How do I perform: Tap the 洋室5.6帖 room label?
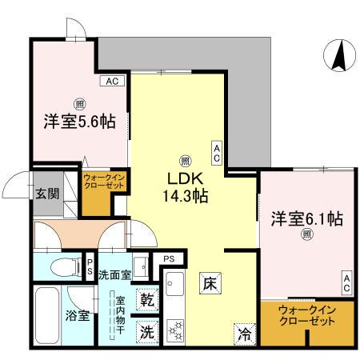tap(79, 122)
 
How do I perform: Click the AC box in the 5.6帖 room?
tap(111, 81)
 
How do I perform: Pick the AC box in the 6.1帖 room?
tap(346, 279)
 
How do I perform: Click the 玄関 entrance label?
tap(46, 194)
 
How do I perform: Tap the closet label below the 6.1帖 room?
tap(307, 316)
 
